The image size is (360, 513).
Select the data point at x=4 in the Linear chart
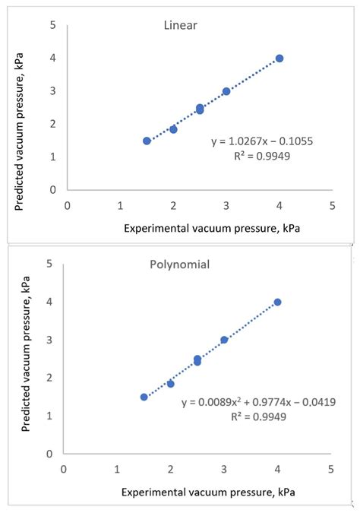point(279,59)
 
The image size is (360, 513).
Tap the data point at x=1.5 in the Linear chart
point(147,141)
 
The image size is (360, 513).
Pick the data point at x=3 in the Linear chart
point(226,91)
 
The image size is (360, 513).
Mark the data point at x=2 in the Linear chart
point(173,129)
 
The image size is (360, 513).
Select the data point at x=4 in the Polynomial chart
point(277,302)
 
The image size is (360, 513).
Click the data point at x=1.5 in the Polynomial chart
point(144,397)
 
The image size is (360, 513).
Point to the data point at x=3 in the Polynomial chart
point(224,340)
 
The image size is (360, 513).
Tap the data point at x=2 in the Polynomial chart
point(170,384)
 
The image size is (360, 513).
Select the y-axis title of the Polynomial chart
point(27,357)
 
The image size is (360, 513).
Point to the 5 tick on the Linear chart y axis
point(52,25)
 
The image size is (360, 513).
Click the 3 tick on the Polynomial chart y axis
point(49,340)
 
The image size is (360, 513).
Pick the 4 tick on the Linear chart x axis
point(279,204)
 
